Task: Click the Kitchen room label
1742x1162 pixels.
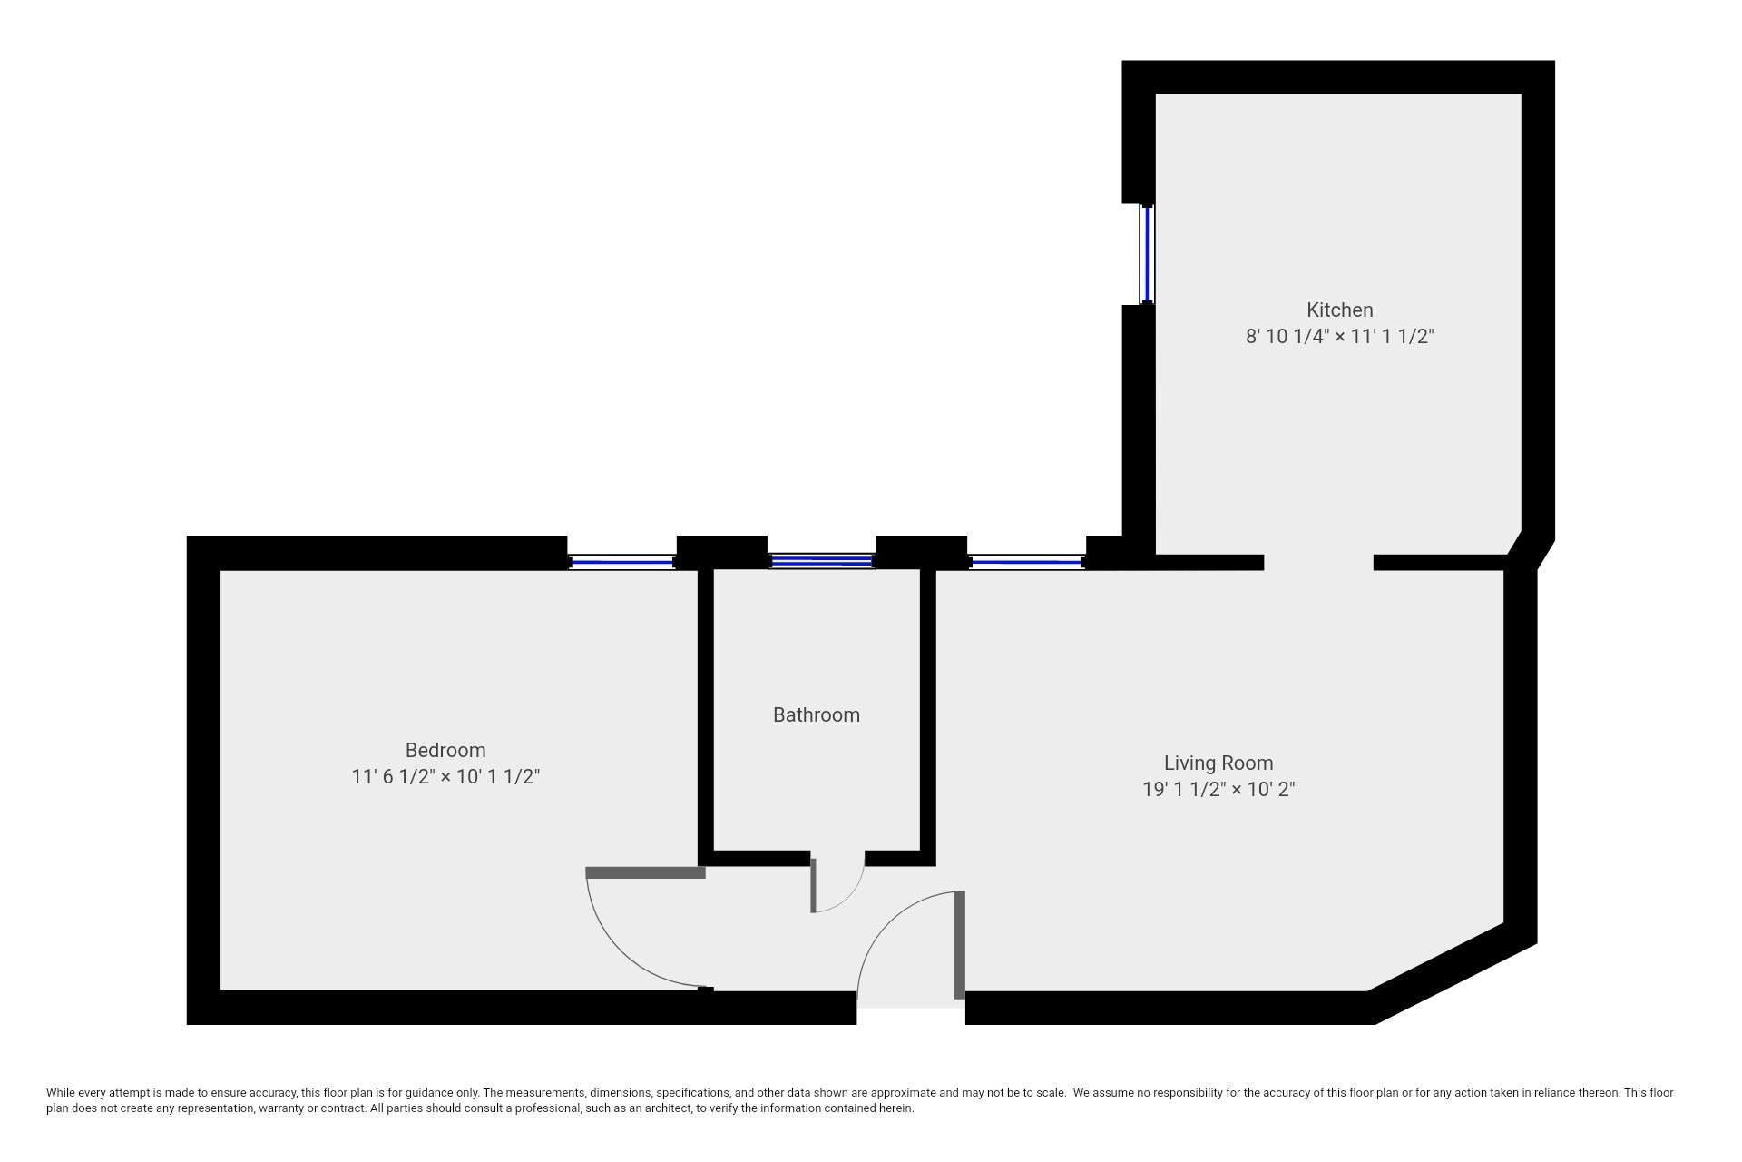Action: pyautogui.click(x=1339, y=310)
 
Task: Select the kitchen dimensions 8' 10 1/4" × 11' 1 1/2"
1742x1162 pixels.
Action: pyautogui.click(x=1339, y=337)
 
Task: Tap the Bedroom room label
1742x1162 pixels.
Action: pyautogui.click(x=445, y=750)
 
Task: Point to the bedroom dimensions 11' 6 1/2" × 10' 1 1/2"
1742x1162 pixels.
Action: pyautogui.click(x=445, y=777)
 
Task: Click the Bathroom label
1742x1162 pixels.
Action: pyautogui.click(x=816, y=715)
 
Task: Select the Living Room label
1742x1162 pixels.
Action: pyautogui.click(x=1218, y=763)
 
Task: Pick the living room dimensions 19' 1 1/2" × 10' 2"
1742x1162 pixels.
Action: pyautogui.click(x=1218, y=790)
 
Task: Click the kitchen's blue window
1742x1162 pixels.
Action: pyautogui.click(x=1148, y=254)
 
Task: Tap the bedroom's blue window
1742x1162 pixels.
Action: pyautogui.click(x=622, y=563)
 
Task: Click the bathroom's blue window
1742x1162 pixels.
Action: pyautogui.click(x=821, y=562)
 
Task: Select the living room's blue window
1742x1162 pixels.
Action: pyautogui.click(x=1026, y=563)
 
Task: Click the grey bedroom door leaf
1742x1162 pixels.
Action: pyautogui.click(x=645, y=873)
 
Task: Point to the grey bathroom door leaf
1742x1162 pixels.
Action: pyautogui.click(x=814, y=884)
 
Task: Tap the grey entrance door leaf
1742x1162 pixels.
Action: pyautogui.click(x=959, y=944)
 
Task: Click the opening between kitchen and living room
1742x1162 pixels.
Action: pyautogui.click(x=1318, y=562)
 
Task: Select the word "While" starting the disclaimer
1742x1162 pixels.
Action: pyautogui.click(x=61, y=1093)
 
